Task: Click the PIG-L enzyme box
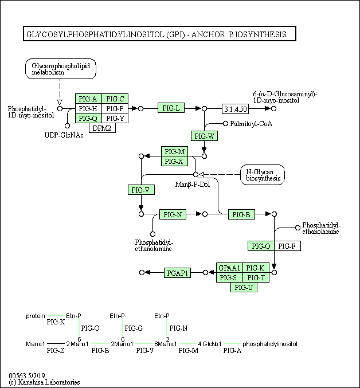pos(171,108)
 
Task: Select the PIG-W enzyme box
pos(204,136)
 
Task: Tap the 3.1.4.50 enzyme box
pos(235,109)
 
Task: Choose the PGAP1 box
pos(177,273)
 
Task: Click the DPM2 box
pos(102,128)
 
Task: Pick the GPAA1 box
pos(229,268)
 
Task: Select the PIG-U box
pos(244,287)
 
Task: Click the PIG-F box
pos(287,246)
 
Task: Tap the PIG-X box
pos(174,161)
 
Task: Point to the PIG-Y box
pos(115,118)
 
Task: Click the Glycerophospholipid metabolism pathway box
pos(61,69)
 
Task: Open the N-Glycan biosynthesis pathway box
pos(263,175)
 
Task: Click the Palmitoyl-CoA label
pos(251,124)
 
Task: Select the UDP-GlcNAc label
pos(64,135)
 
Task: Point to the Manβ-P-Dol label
pos(193,185)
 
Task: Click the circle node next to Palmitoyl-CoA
pos(225,123)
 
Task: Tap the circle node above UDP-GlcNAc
pos(67,126)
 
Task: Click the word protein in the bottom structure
pos(36,316)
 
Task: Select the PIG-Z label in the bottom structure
pos(56,350)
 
